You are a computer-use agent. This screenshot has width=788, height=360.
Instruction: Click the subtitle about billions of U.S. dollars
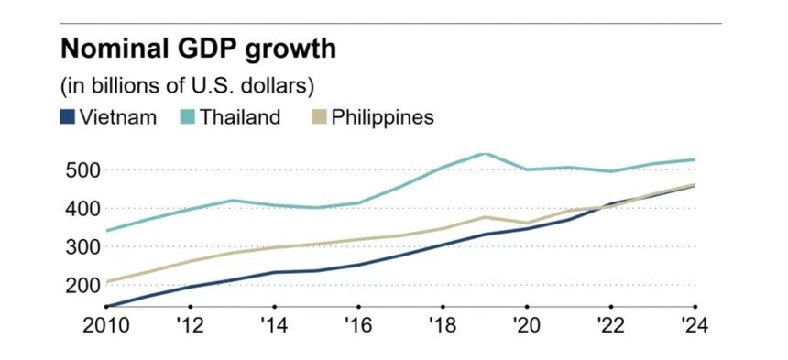click(x=188, y=87)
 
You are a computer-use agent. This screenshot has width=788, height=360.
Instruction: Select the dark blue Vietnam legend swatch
click(x=68, y=117)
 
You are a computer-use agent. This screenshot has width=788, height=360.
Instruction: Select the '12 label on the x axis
click(x=190, y=325)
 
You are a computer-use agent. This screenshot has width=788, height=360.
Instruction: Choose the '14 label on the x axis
click(x=274, y=325)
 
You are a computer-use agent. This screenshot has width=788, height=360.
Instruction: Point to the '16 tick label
click(x=358, y=325)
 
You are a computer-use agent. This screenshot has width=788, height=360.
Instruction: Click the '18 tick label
click(x=443, y=325)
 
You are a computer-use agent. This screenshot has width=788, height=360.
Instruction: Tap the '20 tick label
click(x=527, y=325)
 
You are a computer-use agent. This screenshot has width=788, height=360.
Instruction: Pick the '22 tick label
click(x=611, y=325)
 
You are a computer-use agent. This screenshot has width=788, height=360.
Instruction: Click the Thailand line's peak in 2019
click(x=485, y=154)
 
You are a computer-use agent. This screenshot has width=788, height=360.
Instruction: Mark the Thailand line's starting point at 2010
click(x=106, y=231)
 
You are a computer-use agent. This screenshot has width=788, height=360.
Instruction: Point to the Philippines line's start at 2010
click(x=106, y=282)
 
